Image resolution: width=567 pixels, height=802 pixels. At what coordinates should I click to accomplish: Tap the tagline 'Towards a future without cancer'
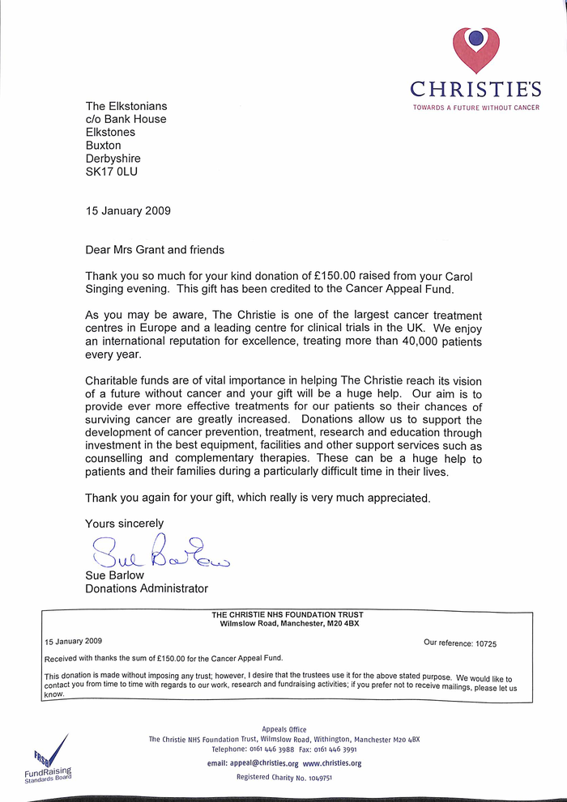[475, 108]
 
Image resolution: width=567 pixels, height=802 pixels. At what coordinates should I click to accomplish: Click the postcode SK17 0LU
[117, 172]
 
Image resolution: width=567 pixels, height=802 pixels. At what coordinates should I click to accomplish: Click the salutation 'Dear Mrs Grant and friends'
[155, 249]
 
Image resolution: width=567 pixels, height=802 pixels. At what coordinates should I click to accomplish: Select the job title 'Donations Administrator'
[147, 588]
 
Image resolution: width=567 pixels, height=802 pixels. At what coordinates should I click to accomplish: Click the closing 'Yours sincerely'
[124, 523]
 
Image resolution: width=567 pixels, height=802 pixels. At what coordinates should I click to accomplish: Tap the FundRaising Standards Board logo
[48, 758]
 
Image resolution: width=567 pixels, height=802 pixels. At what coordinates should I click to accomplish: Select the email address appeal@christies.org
[253, 763]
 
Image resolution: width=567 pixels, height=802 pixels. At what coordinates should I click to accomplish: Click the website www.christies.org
[332, 763]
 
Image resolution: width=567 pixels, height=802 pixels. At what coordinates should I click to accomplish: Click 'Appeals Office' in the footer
[284, 729]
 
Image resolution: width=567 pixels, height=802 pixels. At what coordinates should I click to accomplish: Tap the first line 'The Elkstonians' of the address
[126, 106]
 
